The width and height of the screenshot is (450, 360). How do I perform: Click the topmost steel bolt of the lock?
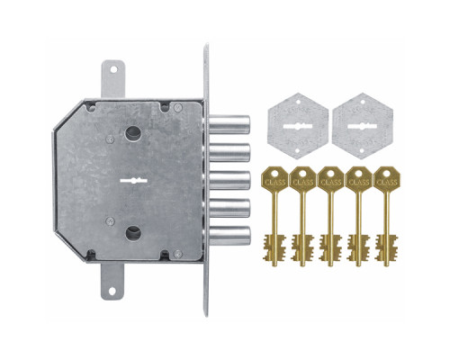point(229,124)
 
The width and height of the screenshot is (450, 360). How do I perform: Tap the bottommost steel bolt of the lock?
point(229,236)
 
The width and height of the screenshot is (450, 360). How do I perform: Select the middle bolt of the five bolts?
point(229,180)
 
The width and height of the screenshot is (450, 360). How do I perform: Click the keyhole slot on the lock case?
point(133,181)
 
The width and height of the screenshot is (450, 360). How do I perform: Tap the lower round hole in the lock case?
point(133,234)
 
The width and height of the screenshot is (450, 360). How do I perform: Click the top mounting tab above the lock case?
point(112,79)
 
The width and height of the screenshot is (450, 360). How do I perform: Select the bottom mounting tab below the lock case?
point(112,281)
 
